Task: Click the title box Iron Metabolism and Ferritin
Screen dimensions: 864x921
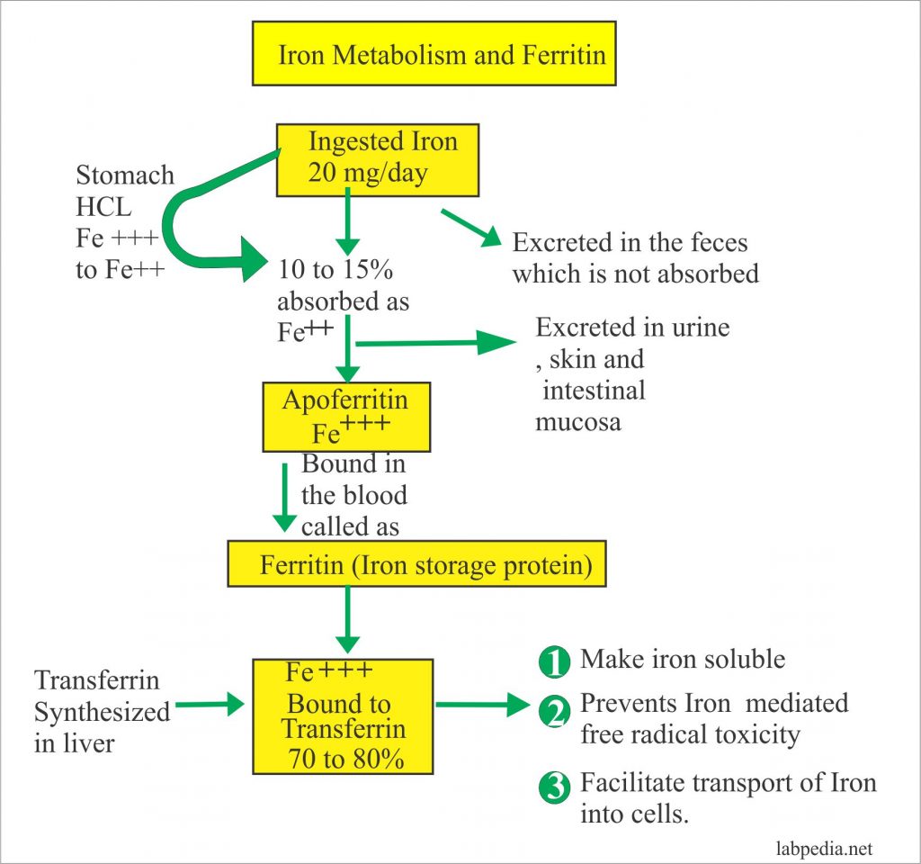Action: pyautogui.click(x=434, y=53)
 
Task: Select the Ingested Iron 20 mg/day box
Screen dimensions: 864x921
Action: pyautogui.click(x=377, y=159)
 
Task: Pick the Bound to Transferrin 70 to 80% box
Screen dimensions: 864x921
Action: pyautogui.click(x=343, y=715)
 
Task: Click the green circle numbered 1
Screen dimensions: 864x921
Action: pyautogui.click(x=554, y=663)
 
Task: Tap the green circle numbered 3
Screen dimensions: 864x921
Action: pyautogui.click(x=554, y=787)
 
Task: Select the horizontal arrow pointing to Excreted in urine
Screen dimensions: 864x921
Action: pyautogui.click(x=436, y=343)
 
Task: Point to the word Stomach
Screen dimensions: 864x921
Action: pyautogui.click(x=125, y=175)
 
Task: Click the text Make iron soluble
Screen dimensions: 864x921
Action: pyautogui.click(x=683, y=659)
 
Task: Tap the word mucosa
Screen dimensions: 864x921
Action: pyautogui.click(x=578, y=421)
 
